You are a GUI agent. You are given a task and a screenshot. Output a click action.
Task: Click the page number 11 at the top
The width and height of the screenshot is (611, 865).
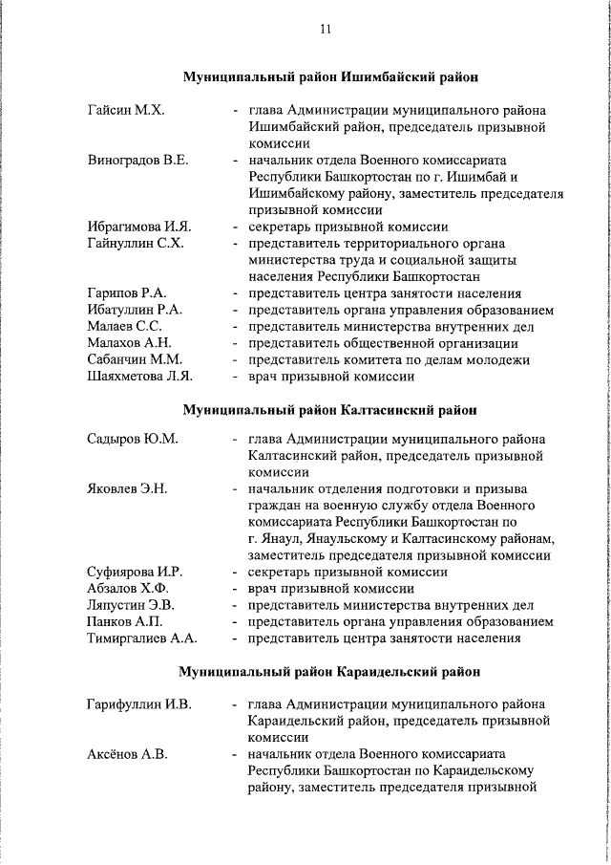(325, 30)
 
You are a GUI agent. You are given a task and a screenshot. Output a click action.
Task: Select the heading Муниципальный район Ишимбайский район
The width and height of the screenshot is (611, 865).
(330, 76)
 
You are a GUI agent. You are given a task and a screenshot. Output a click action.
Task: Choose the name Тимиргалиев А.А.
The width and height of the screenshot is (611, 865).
(141, 638)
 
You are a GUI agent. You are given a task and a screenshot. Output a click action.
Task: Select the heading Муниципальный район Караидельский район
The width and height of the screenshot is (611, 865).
(330, 672)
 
